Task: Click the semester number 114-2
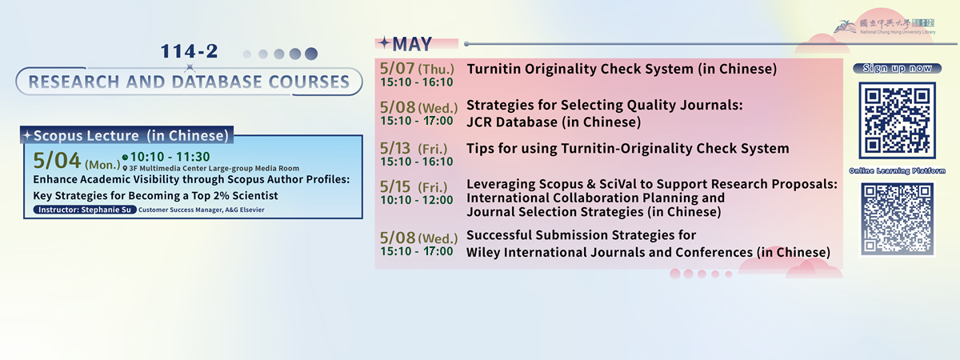189,51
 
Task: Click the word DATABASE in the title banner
217,82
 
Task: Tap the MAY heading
412,44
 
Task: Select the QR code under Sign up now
897,121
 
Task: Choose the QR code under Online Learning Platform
897,219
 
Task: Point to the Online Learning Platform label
897,171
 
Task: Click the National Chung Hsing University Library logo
885,26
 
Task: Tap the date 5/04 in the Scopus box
57,161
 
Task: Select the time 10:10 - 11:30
170,157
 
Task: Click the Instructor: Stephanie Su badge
85,210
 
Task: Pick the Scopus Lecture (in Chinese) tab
127,135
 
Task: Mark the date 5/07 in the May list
398,69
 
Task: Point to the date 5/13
395,148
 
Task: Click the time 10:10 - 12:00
417,200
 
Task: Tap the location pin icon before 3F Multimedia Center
125,169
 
